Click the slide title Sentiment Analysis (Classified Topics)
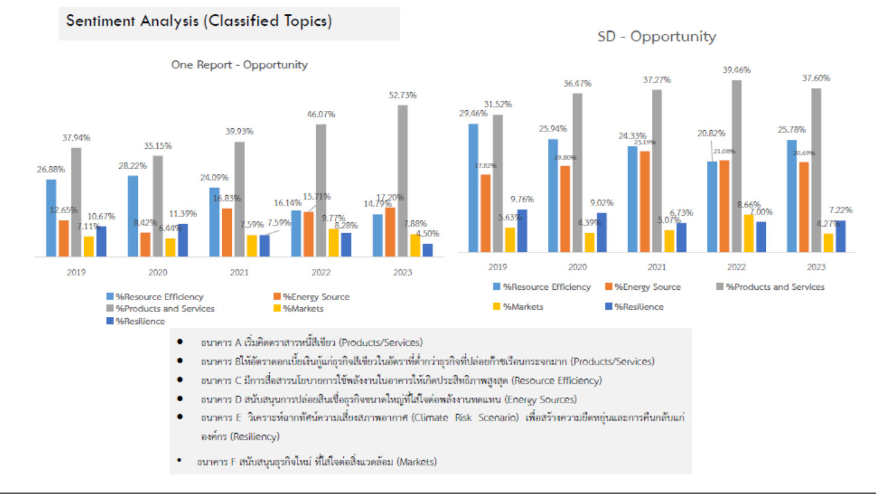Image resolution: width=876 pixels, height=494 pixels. (199, 21)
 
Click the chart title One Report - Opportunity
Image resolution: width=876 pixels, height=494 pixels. (239, 65)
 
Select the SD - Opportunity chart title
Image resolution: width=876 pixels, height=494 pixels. (656, 37)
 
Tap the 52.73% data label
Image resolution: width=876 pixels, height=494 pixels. (402, 95)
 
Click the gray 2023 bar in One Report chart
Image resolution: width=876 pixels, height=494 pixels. (402, 181)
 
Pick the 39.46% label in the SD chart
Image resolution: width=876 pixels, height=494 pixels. (736, 70)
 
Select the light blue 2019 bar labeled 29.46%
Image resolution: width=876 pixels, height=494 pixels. (473, 187)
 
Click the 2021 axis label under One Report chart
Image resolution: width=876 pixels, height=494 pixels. (239, 272)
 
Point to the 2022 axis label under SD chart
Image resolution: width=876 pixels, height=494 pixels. (736, 267)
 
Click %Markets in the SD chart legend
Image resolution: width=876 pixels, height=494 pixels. (523, 307)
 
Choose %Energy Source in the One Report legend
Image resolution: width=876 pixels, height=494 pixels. (316, 296)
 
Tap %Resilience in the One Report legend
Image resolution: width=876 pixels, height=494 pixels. (140, 321)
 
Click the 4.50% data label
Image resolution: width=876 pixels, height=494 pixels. (427, 234)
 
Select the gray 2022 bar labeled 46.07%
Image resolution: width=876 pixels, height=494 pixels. (321, 190)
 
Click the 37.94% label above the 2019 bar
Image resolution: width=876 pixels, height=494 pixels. (76, 137)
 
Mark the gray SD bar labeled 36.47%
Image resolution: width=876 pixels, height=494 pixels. (577, 172)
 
